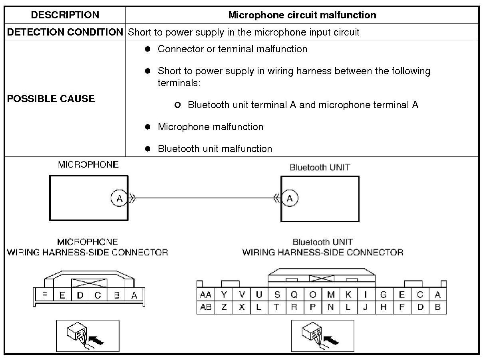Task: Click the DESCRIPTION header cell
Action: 65,15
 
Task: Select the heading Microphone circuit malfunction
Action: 302,15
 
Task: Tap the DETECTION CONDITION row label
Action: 65,32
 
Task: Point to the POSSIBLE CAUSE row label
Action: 51,99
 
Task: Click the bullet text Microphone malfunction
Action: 211,127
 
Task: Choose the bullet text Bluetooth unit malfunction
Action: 215,149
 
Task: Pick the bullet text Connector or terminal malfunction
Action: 233,49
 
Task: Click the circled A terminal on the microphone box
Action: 119,198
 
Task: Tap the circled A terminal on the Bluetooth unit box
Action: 290,198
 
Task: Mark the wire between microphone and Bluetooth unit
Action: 204,198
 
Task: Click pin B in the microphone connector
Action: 117,296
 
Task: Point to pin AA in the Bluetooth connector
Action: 206,295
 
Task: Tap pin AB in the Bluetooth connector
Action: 206,308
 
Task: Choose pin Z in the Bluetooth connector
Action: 224,308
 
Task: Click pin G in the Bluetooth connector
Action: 384,295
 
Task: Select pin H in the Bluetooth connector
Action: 384,308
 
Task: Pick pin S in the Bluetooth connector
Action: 277,295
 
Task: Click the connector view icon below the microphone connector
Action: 87,336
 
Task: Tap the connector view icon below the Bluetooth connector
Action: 322,336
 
